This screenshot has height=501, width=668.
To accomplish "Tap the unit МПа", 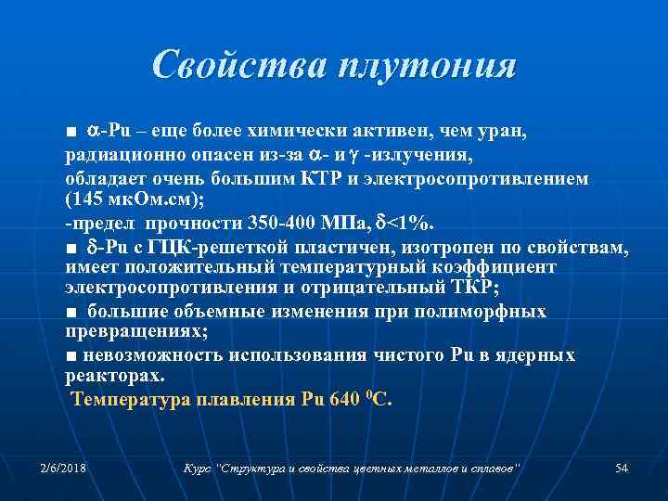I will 350,224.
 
